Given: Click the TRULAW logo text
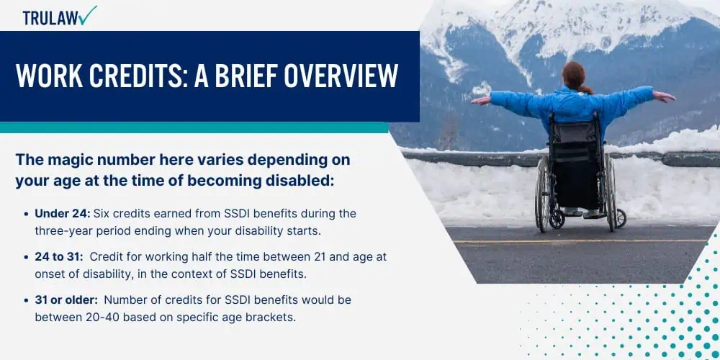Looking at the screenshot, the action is [51, 17].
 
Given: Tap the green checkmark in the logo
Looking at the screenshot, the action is [87, 15].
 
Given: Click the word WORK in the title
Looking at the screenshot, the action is [49, 76].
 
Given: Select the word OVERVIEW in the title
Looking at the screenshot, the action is [341, 76].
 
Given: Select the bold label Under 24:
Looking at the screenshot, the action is [63, 214].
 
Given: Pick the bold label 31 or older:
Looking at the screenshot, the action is [66, 300].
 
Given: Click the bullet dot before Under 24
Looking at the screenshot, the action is [26, 214].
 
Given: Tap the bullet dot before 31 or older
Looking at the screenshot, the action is [26, 300].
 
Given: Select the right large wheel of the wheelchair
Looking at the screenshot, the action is [610, 192].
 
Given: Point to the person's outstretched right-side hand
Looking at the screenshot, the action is [664, 96].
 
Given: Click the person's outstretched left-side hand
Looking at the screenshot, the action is [481, 101].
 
